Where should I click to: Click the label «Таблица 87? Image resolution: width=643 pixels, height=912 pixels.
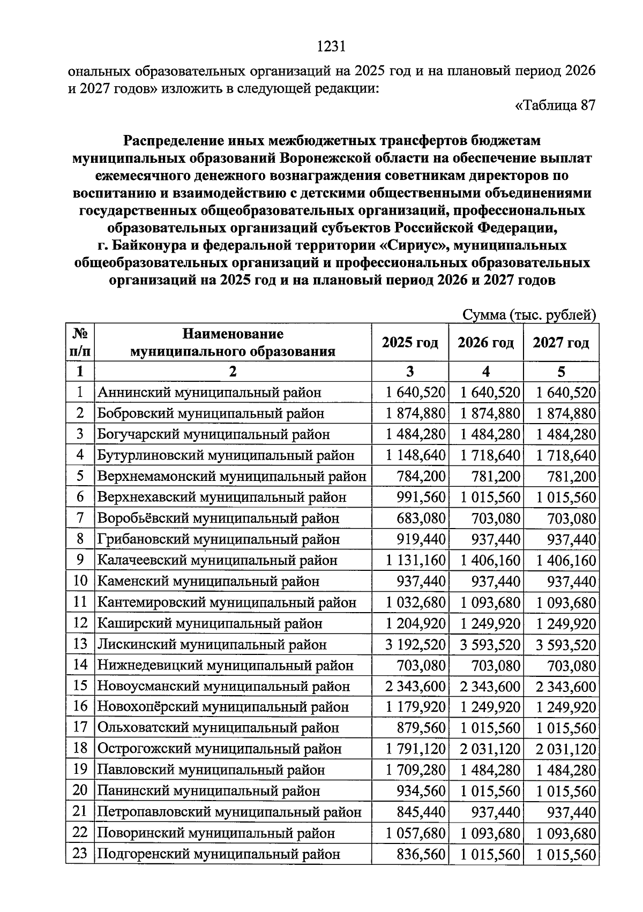tap(555, 105)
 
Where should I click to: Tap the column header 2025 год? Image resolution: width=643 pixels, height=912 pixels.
tap(410, 343)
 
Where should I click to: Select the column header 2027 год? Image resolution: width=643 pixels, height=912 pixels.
tap(560, 343)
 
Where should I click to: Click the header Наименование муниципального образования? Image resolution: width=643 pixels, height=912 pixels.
tap(233, 343)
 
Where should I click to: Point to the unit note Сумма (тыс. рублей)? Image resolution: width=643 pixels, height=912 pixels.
tap(529, 315)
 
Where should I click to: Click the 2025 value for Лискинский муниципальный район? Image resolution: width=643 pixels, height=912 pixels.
tap(415, 645)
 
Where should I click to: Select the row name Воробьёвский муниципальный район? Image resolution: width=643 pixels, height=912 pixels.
tap(218, 518)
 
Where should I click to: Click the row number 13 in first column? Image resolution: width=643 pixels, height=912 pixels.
tap(80, 644)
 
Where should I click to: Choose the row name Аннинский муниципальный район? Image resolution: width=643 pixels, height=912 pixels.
tap(209, 393)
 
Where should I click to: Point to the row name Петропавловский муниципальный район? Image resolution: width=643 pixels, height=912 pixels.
tap(229, 812)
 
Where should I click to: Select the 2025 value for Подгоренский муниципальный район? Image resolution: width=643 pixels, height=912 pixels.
tap(421, 855)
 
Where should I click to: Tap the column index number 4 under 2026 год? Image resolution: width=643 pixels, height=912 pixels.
tap(485, 372)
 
